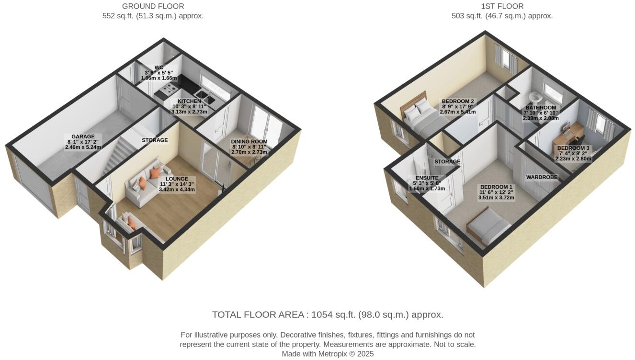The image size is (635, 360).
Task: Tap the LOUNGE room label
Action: pyautogui.click(x=177, y=179)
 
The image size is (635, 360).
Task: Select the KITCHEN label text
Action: pyautogui.click(x=189, y=101)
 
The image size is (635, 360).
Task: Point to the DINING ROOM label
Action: pyautogui.click(x=249, y=142)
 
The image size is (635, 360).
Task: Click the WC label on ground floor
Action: pyautogui.click(x=159, y=67)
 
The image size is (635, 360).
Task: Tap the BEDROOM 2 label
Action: pyautogui.click(x=458, y=101)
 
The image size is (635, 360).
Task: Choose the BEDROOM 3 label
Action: pyautogui.click(x=573, y=148)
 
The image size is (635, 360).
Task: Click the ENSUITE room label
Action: pyautogui.click(x=427, y=178)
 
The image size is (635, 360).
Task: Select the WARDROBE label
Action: pyautogui.click(x=542, y=177)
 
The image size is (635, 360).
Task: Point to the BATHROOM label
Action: pyautogui.click(x=541, y=108)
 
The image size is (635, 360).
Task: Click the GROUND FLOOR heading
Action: pyautogui.click(x=153, y=6)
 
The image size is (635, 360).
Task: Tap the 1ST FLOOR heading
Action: pyautogui.click(x=502, y=6)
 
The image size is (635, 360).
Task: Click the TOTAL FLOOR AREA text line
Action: pyautogui.click(x=328, y=315)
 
